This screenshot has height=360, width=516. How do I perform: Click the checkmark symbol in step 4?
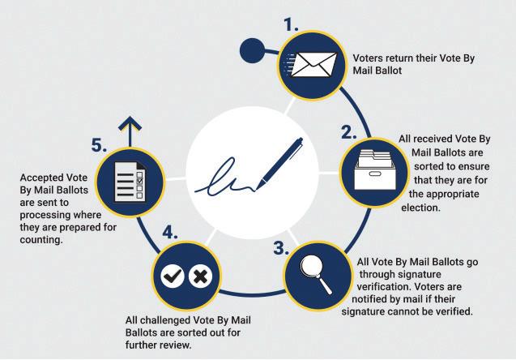[x=172, y=277]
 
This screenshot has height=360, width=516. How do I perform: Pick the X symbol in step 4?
[x=200, y=277]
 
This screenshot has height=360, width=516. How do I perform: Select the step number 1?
[x=291, y=24]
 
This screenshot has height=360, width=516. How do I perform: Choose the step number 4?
[x=169, y=234]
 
